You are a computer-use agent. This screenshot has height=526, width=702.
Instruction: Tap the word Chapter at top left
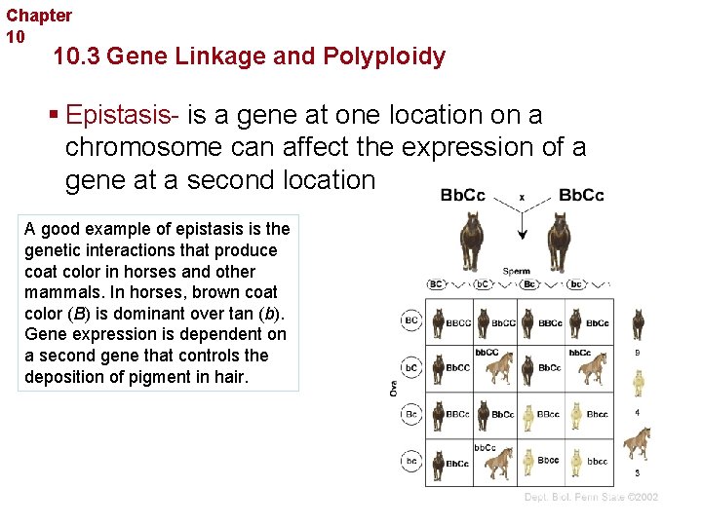point(39,16)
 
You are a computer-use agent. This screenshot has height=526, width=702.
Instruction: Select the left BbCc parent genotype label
point(463,195)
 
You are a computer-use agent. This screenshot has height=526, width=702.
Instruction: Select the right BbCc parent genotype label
point(581,195)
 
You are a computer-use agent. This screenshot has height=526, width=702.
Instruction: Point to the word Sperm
point(517,271)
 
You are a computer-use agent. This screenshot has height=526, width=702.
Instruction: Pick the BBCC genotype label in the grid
point(458,323)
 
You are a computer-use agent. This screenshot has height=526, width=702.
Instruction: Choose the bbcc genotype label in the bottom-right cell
point(597,462)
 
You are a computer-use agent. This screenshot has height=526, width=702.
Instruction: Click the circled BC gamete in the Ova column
point(411,319)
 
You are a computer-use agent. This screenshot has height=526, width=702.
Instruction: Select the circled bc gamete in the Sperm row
point(576,284)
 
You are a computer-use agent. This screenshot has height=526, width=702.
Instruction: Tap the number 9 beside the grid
point(638,353)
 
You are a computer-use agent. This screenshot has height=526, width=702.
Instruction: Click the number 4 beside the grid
point(638,412)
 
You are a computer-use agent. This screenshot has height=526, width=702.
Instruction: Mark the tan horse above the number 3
point(637,444)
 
